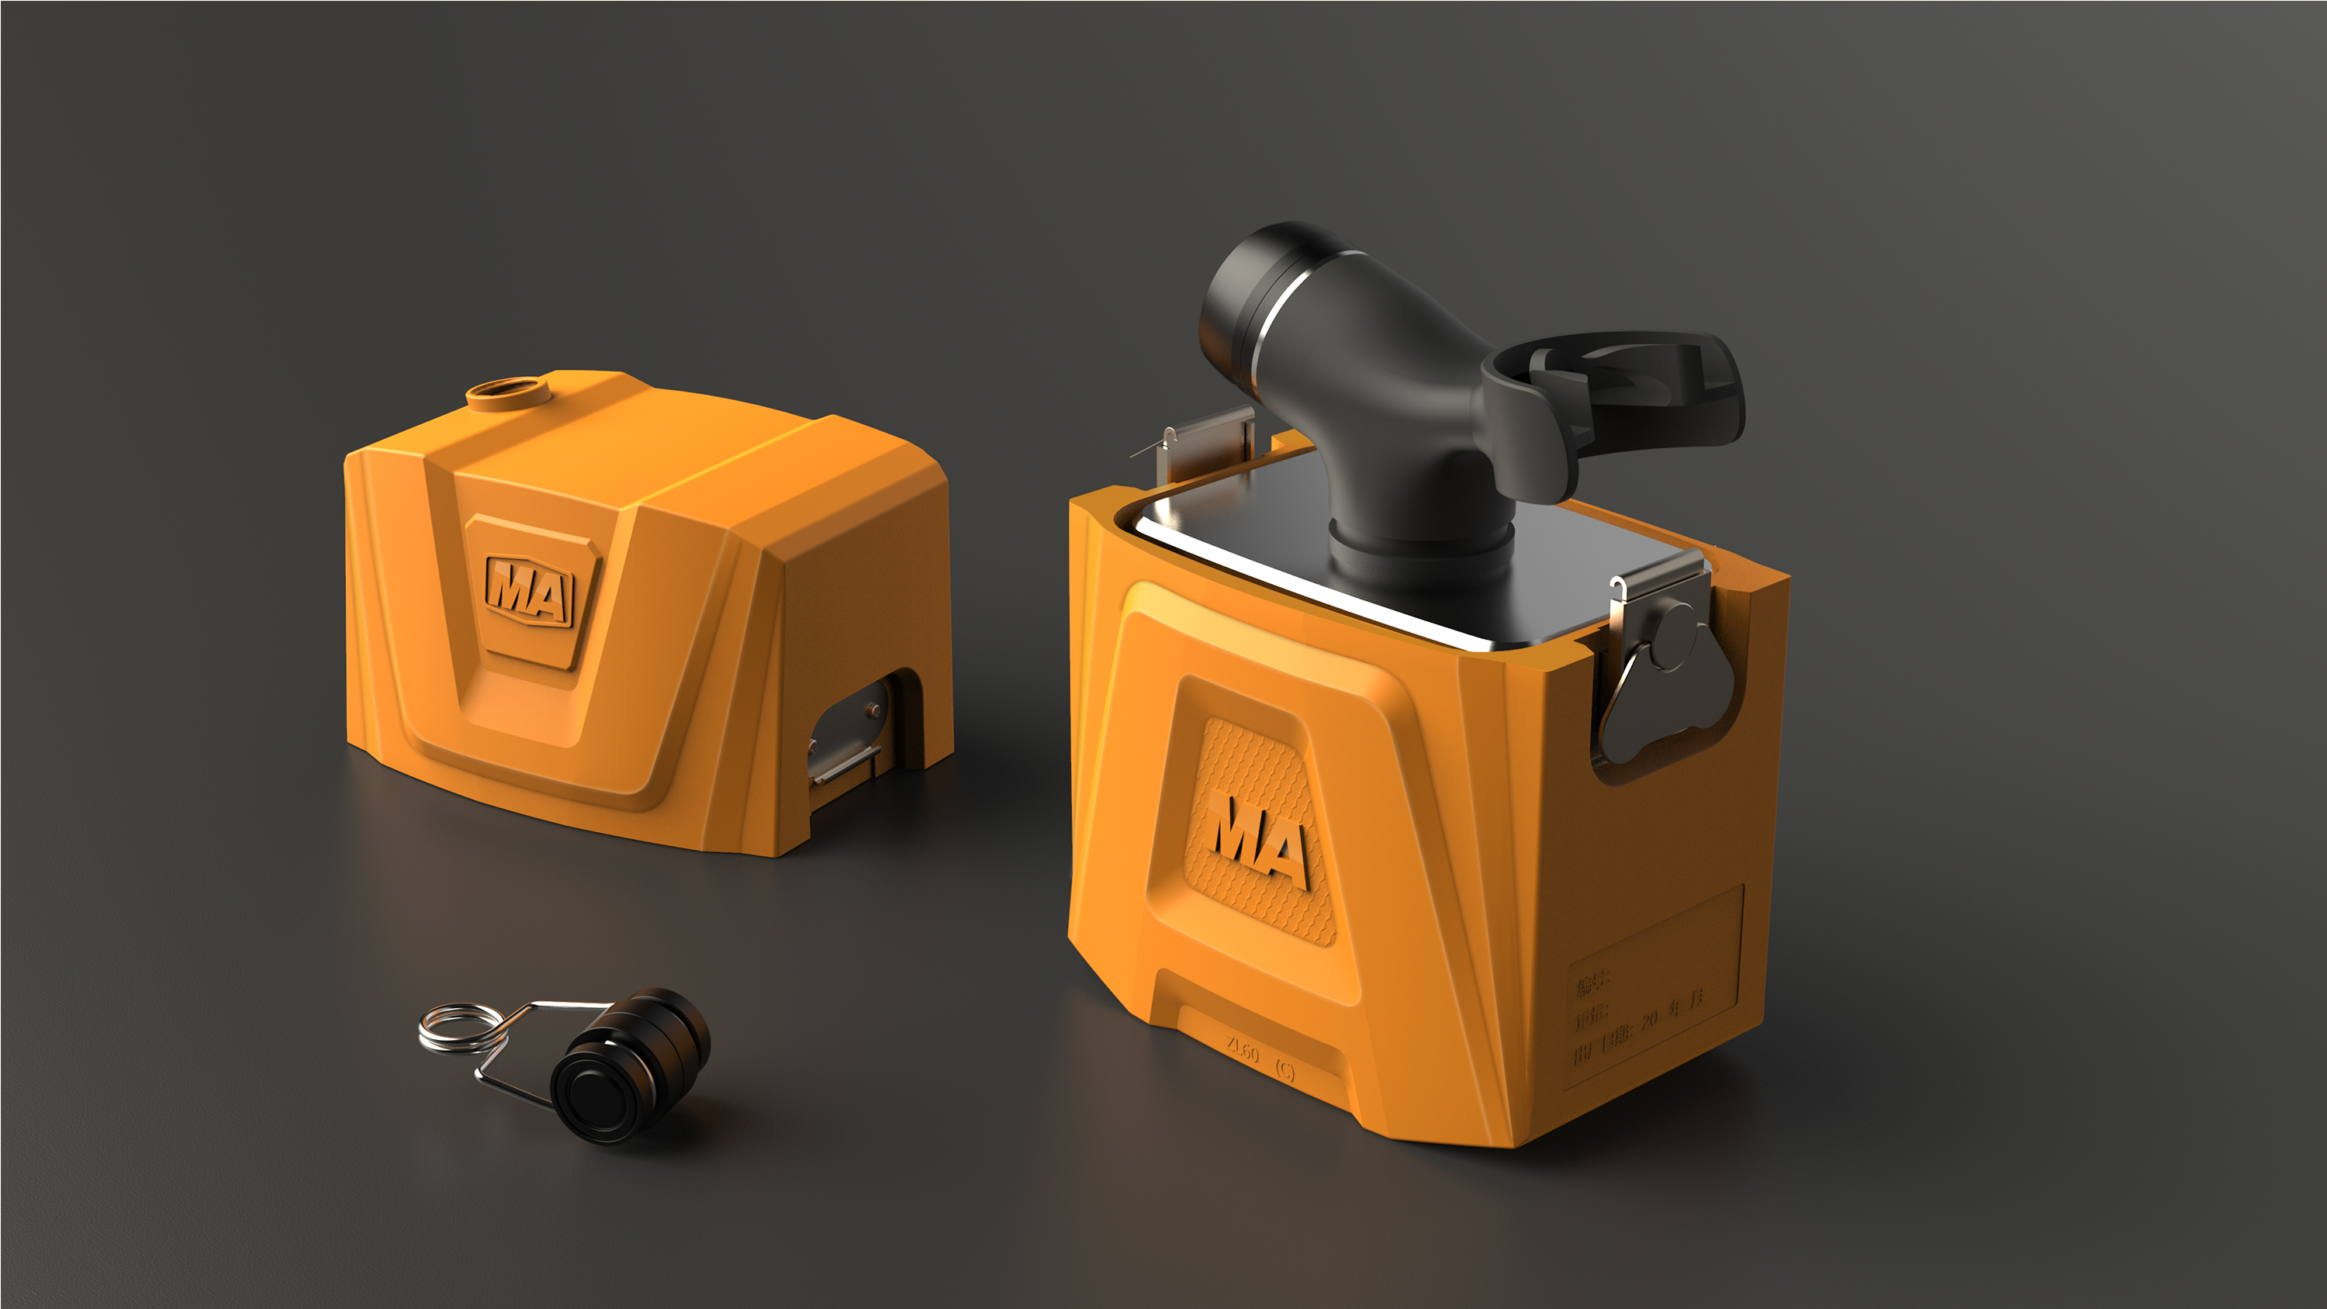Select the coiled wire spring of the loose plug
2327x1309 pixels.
click(x=460, y=1028)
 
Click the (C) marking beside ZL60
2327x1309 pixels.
click(x=1285, y=1070)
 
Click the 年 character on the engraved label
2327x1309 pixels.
click(x=1674, y=1008)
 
